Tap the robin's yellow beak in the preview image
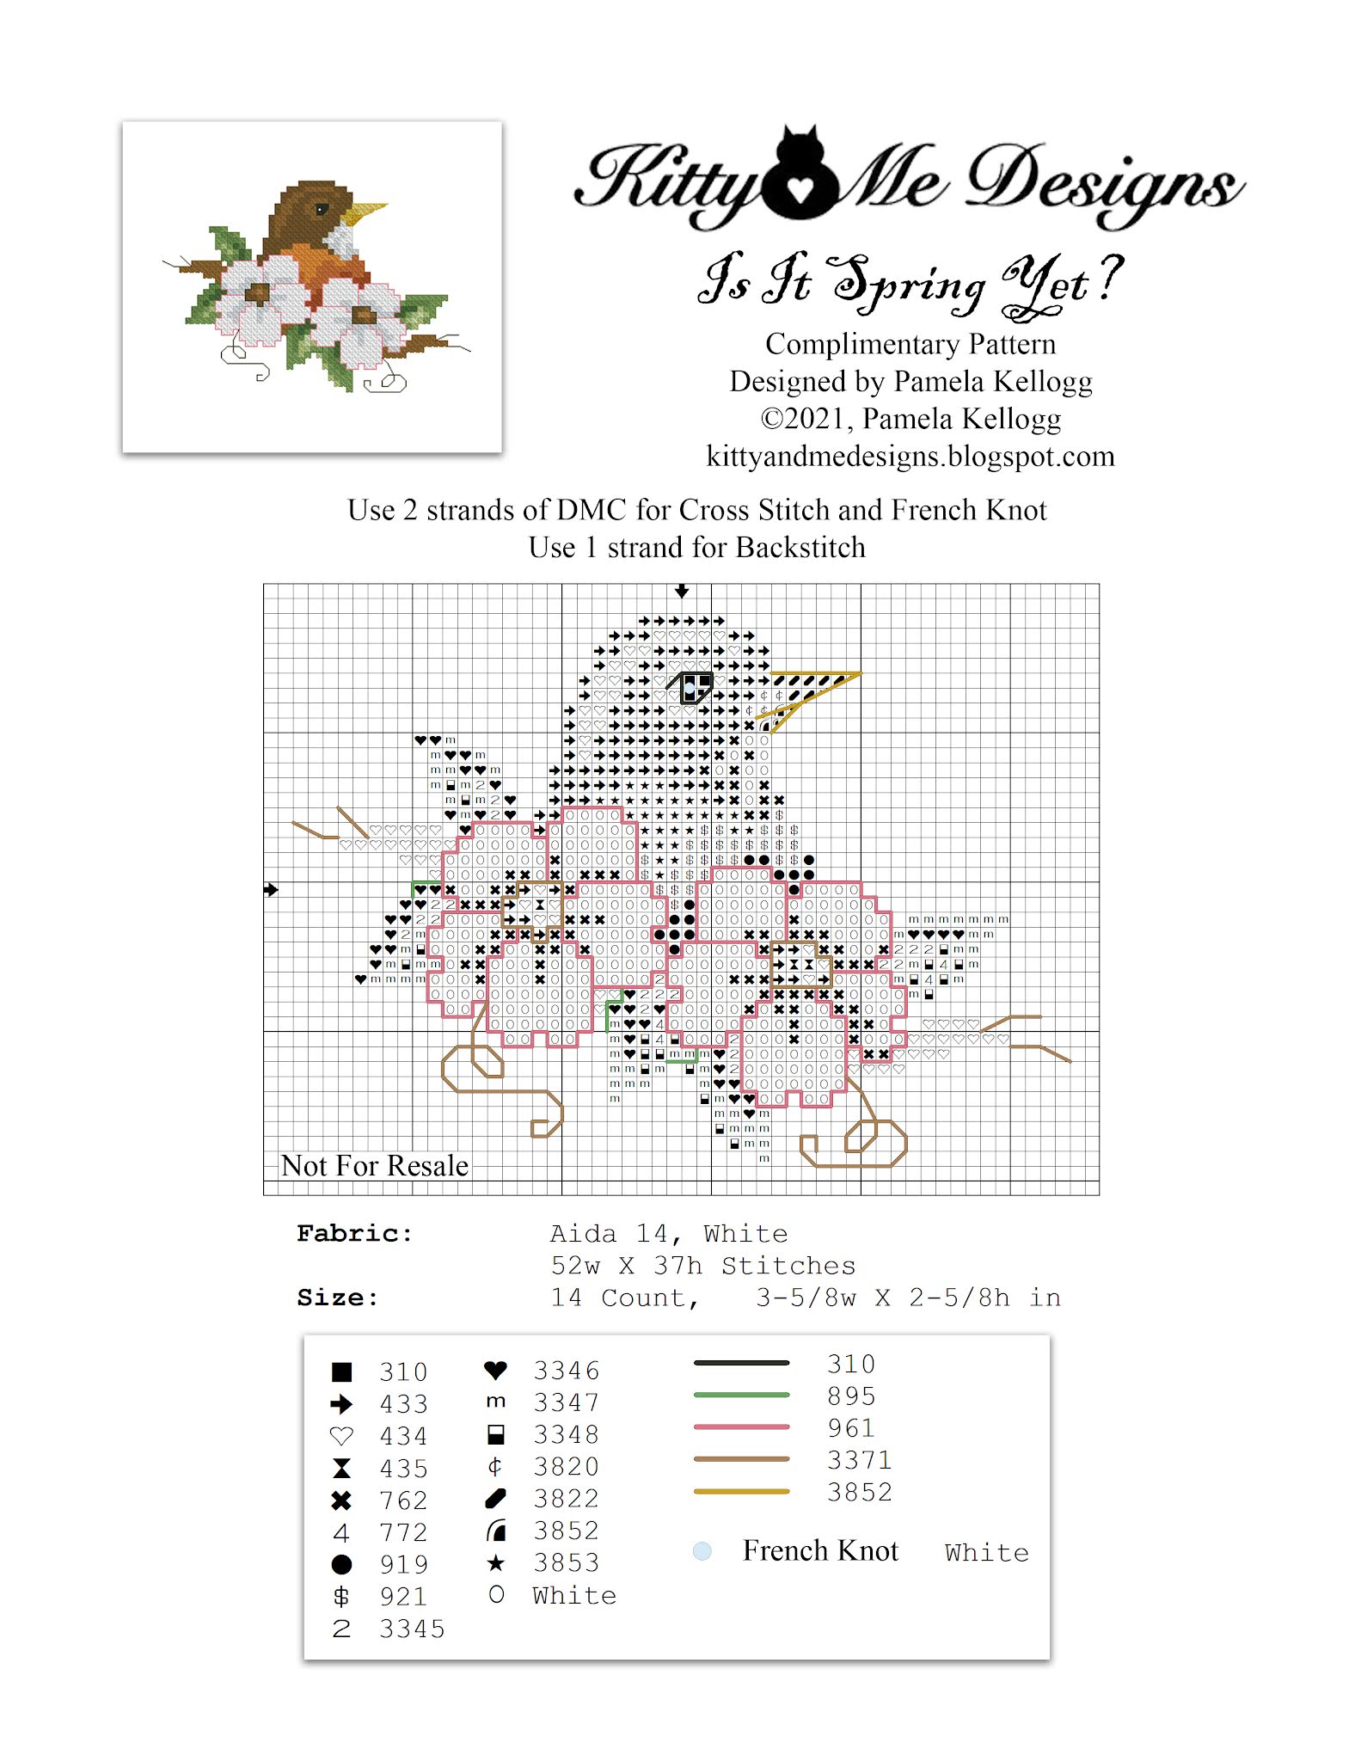pyautogui.click(x=367, y=211)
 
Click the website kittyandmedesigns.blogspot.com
pyautogui.click(x=910, y=456)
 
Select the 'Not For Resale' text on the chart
pyautogui.click(x=375, y=1165)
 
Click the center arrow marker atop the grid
pyautogui.click(x=682, y=591)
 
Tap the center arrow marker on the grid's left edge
pyautogui.click(x=271, y=889)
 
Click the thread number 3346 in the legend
pyautogui.click(x=566, y=1371)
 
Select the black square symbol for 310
pyautogui.click(x=341, y=1371)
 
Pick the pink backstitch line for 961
pyautogui.click(x=741, y=1427)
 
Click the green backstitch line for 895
pyautogui.click(x=741, y=1395)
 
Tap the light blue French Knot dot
pyautogui.click(x=702, y=1551)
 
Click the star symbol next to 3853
pyautogui.click(x=495, y=1562)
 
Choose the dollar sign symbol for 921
pyautogui.click(x=341, y=1597)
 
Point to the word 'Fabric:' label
pyautogui.click(x=354, y=1234)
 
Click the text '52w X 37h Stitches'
pyautogui.click(x=702, y=1266)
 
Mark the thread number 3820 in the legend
pyautogui.click(x=566, y=1467)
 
